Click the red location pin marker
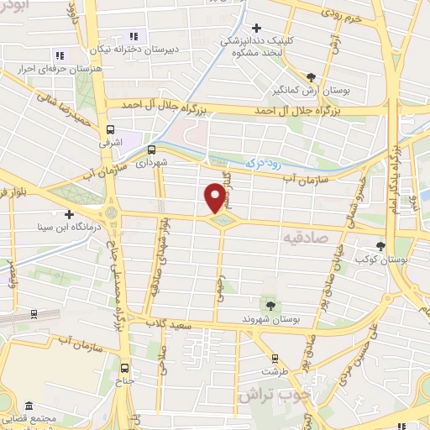[215, 197]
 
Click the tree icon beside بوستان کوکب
[380, 246]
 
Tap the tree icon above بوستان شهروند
[270, 306]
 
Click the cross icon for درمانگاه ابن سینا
[69, 214]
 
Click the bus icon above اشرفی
[110, 129]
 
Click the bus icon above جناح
[125, 368]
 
